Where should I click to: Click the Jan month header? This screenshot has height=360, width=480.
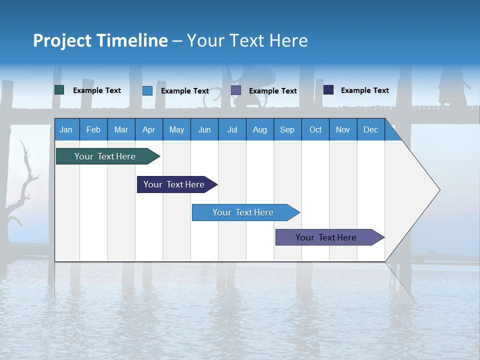[66, 129]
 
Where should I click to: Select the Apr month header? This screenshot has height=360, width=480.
[148, 129]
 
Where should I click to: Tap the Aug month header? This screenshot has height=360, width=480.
[259, 129]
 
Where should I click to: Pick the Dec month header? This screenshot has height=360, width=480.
[370, 129]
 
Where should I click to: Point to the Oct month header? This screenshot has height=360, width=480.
[315, 129]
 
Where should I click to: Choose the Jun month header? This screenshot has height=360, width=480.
[204, 129]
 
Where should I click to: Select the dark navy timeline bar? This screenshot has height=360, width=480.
[174, 184]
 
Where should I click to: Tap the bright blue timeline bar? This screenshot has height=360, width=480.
[243, 212]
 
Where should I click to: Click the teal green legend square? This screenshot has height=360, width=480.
[59, 90]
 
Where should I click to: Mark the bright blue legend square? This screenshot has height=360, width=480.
[147, 90]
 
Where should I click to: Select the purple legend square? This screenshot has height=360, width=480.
[235, 90]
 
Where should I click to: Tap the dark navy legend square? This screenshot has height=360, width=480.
[328, 90]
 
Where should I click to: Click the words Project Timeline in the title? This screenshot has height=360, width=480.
[100, 40]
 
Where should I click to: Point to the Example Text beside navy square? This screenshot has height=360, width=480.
[364, 90]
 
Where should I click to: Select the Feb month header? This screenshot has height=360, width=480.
[93, 129]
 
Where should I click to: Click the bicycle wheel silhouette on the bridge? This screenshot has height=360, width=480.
[212, 99]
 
